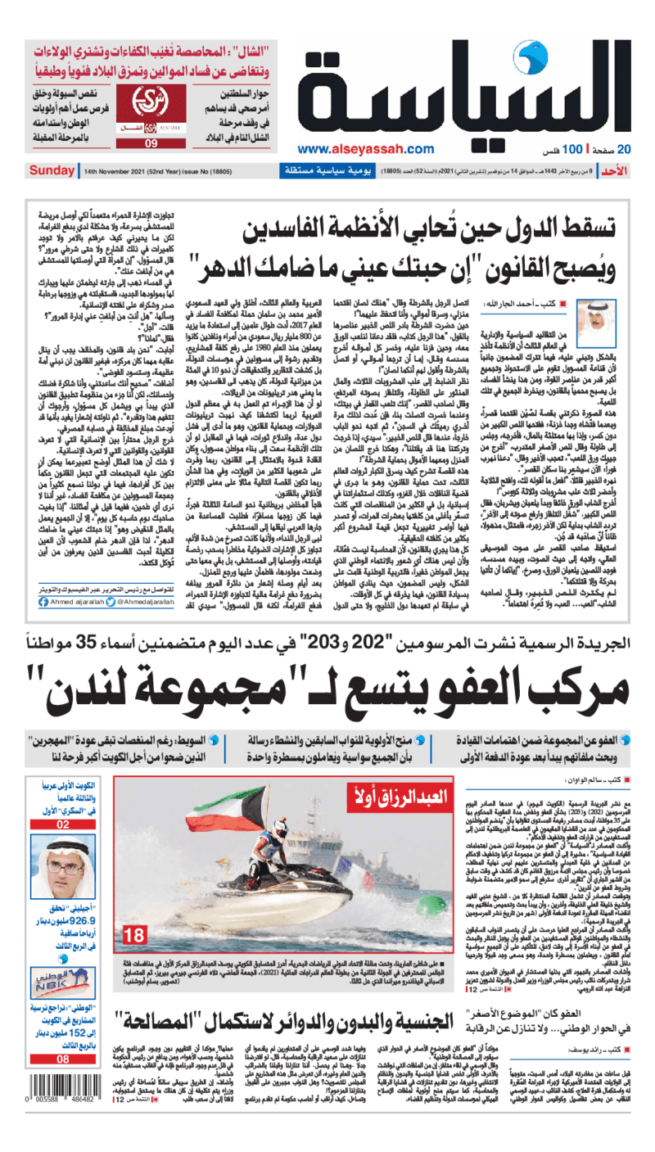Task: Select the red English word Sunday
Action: (x=52, y=171)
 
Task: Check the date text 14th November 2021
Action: (x=125, y=171)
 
